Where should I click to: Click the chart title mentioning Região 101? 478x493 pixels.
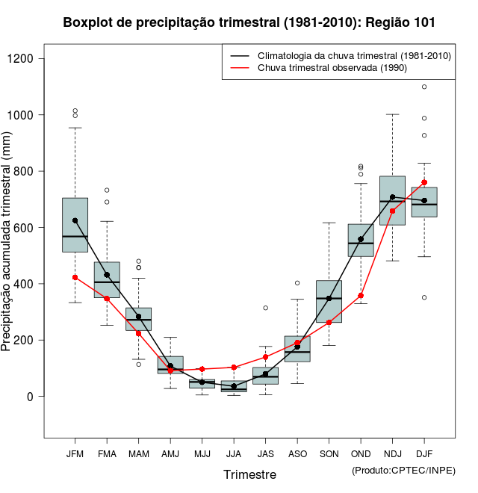pos(249,23)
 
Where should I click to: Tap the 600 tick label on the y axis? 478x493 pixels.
pos(25,228)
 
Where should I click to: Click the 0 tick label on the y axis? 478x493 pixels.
pos(31,397)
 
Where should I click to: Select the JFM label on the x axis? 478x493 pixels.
pos(75,453)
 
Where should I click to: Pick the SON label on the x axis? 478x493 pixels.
pos(329,453)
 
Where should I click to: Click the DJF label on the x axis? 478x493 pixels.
pos(424,453)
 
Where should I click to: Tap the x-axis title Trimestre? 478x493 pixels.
pos(249,474)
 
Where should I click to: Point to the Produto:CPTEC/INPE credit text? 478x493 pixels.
pos(403,470)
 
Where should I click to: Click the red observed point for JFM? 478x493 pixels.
pos(75,277)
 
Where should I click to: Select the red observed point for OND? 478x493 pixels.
pos(361,296)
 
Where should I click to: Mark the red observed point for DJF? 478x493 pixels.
pos(424,182)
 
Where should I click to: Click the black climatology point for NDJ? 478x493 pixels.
pos(392,197)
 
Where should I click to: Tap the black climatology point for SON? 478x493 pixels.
pos(329,298)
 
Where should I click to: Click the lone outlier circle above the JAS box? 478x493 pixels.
pos(265,308)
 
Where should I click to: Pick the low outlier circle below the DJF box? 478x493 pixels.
pos(424,297)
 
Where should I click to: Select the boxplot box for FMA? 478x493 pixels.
pos(107,280)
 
